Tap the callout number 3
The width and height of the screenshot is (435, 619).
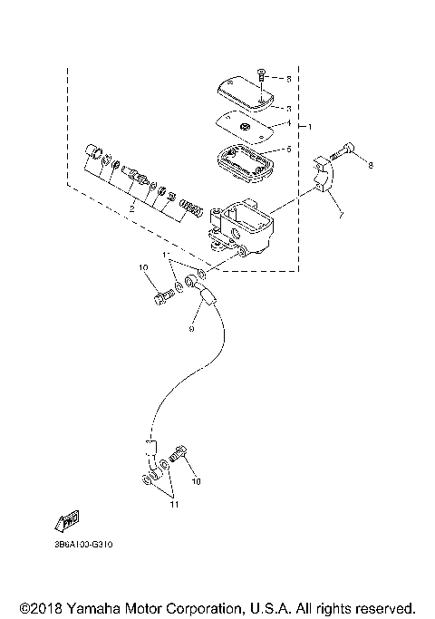coord(288,107)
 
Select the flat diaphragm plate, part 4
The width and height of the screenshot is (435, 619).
coord(243,125)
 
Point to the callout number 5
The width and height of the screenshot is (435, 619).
coord(288,150)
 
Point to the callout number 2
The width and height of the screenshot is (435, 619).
coord(132,208)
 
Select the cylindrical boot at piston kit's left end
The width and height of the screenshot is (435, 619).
coord(92,151)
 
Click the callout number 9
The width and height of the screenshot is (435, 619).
coord(192,329)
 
